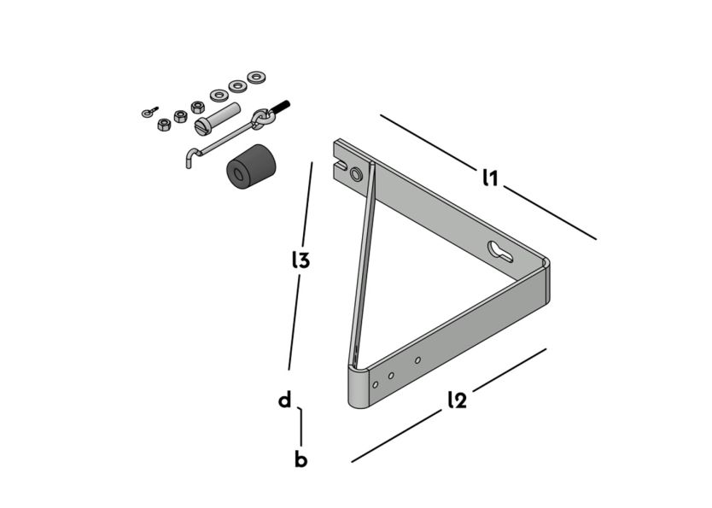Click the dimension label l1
(x=490, y=178)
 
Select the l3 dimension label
(x=300, y=260)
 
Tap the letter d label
(x=285, y=400)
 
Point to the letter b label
(x=301, y=459)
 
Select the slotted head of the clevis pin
(x=201, y=126)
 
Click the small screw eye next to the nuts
(x=148, y=111)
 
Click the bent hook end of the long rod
(x=191, y=157)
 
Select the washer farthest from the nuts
(x=255, y=78)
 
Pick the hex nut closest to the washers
(x=198, y=107)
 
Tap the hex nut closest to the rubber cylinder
(x=164, y=125)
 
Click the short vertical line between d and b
(x=301, y=427)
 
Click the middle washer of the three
(x=236, y=86)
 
